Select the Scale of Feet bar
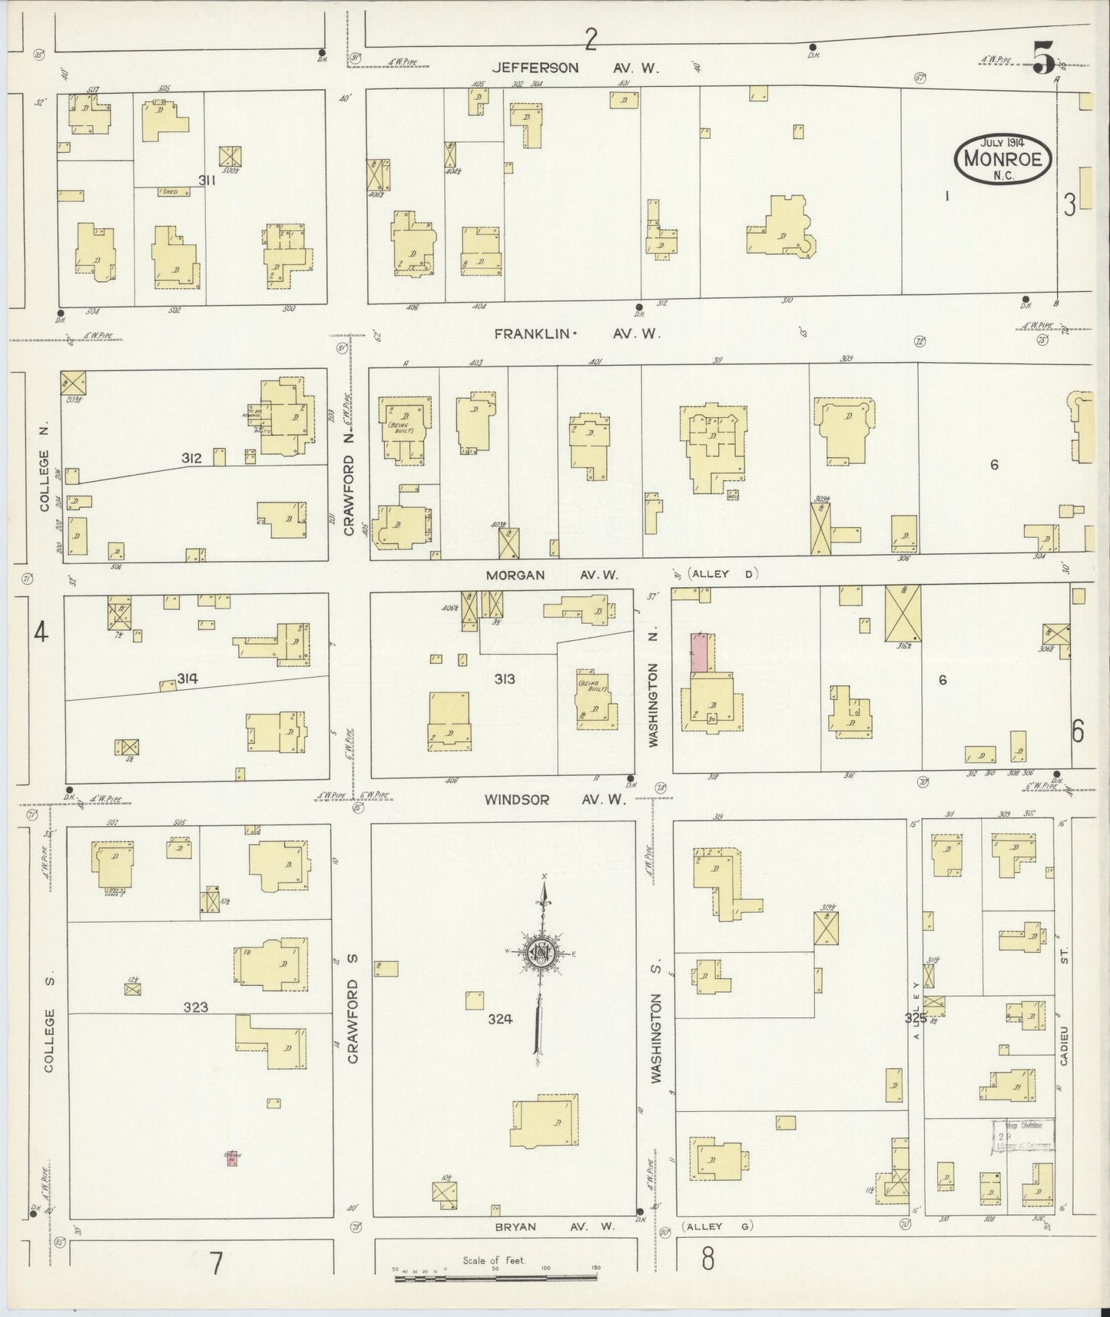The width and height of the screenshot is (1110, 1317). click(495, 1279)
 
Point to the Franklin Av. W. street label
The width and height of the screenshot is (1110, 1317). click(576, 334)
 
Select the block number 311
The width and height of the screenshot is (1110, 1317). click(206, 181)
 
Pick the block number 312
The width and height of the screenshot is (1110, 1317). click(191, 459)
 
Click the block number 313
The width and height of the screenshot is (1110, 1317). click(505, 678)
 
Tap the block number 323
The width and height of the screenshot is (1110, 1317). click(195, 1007)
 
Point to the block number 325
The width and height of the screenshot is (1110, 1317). click(916, 1018)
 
